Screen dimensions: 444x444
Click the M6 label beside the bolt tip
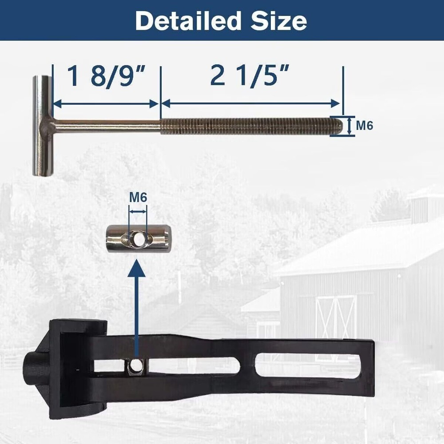(365, 126)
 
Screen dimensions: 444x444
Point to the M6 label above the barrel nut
(138, 197)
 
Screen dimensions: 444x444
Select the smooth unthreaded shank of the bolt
(107, 125)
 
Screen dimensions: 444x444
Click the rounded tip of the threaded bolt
(339, 125)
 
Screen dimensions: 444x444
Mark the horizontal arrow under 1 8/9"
(105, 103)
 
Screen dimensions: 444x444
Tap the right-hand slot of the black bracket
(306, 365)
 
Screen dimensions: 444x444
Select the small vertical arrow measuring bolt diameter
(349, 126)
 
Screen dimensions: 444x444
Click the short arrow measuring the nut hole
(138, 212)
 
